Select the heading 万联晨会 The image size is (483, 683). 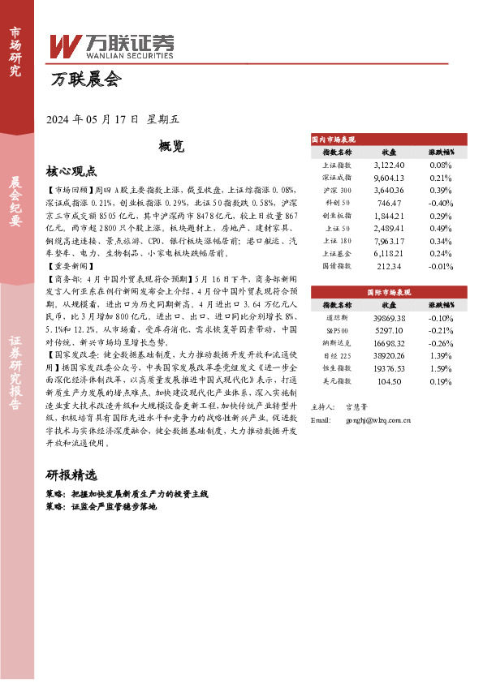tap(85, 79)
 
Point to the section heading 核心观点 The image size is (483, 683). tap(71, 171)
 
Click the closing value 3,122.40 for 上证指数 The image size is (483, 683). tap(389, 164)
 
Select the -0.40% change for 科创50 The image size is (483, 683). tap(440, 202)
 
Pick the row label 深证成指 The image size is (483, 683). tap(337, 177)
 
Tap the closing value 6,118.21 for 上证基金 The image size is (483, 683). tap(389, 253)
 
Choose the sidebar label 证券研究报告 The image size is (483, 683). tap(15, 378)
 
